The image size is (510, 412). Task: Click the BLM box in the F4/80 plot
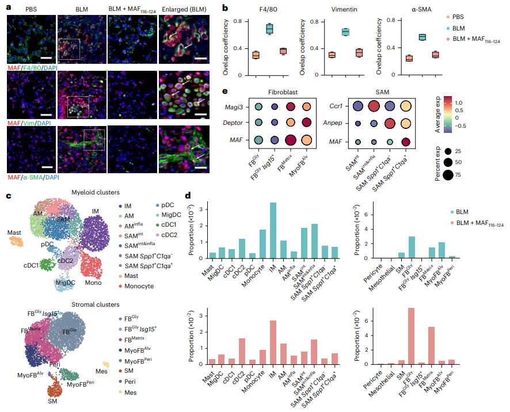269,29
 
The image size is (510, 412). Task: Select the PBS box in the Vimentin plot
332,55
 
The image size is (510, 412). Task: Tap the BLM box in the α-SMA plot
422,37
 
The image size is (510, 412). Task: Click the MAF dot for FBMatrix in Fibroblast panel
291,140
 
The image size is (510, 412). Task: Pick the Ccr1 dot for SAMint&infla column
374,106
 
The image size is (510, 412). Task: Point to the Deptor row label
233,123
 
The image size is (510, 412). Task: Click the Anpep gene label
332,123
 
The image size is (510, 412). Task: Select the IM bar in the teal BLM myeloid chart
273,231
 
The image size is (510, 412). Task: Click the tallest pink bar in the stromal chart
411,336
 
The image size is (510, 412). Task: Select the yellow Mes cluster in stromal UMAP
106,364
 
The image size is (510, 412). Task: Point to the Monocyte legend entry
136,286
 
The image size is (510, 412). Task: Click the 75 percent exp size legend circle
448,175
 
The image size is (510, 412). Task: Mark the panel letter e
224,91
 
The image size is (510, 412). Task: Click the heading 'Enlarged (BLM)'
184,9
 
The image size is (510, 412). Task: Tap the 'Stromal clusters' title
96,305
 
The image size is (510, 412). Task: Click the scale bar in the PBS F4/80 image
47,58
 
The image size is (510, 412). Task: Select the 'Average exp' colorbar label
438,114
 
